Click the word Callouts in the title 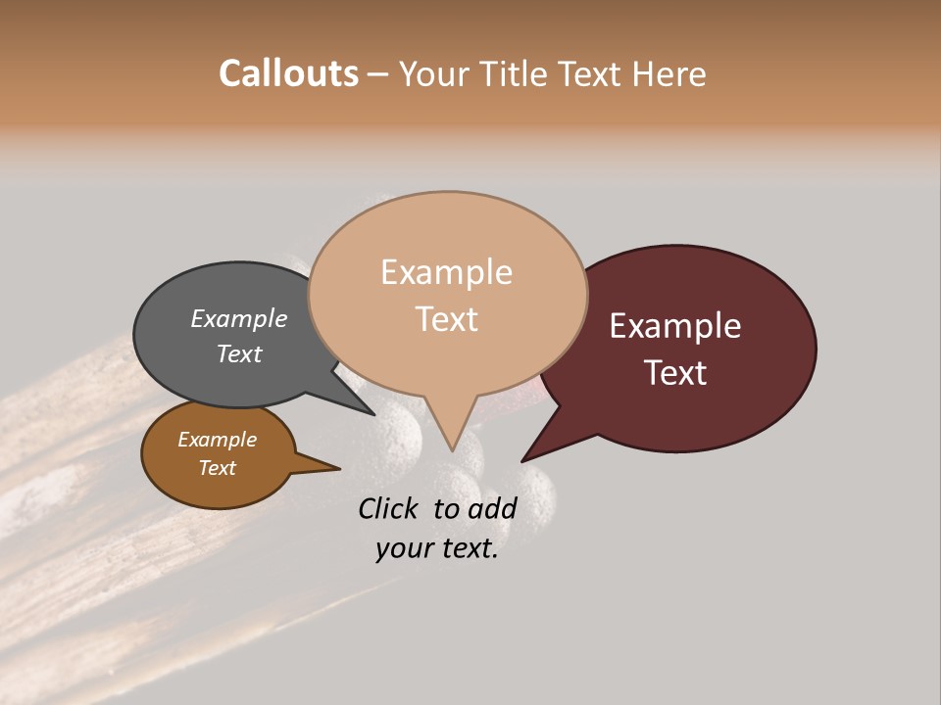click(x=288, y=73)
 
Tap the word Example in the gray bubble click(x=239, y=318)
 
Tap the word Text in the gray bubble click(x=239, y=353)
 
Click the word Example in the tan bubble click(x=446, y=272)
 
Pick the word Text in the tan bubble click(x=446, y=319)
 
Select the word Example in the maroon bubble click(x=675, y=326)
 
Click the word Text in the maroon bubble click(x=675, y=373)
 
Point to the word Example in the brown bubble click(x=217, y=440)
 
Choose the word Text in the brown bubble click(x=217, y=468)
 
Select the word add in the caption click(x=493, y=509)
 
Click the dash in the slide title click(x=379, y=73)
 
